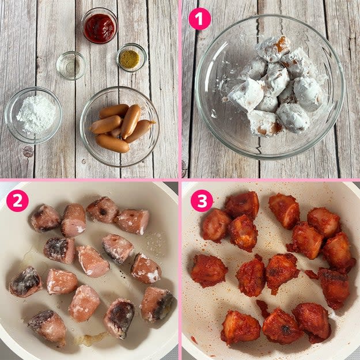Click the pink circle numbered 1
pos(199,18)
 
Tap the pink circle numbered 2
pos(17,200)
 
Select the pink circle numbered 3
pos(202,200)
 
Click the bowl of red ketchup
pos(100,25)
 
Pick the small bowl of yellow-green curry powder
pos(131,58)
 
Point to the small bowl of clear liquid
pos(71,66)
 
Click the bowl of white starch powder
pos(33,115)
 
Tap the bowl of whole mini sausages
pos(120,127)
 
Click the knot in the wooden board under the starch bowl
pos(28,151)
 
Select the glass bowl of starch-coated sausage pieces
pos(270,87)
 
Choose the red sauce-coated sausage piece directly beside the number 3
pos(215,225)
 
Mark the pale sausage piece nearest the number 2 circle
pos(44,218)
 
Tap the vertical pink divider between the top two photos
pos(180,89)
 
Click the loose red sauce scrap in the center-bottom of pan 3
pos(263,309)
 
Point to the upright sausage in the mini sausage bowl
pos(131,121)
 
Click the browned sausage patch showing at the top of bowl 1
pos(281,44)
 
